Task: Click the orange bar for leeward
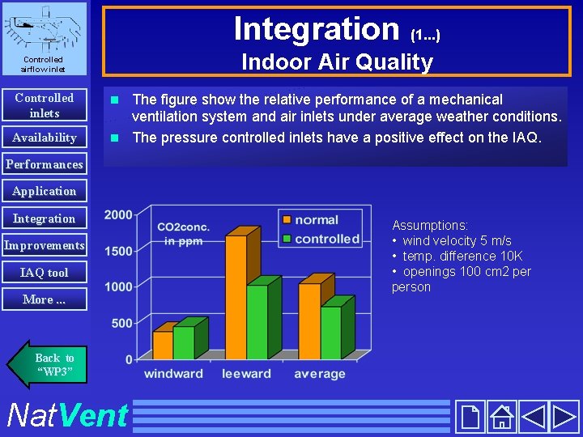pos(236,296)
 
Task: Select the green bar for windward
pos(184,342)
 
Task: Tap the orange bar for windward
pos(163,344)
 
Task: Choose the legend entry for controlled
pos(319,239)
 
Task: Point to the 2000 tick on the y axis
pos(118,214)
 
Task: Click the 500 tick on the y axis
pos(121,323)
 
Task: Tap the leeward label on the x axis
pos(246,374)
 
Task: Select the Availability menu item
pos(44,138)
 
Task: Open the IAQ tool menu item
pos(44,273)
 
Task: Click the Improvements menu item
pos(44,245)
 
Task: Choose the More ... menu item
pos(44,299)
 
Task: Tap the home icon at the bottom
pos(501,417)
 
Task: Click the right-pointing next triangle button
pos(564,417)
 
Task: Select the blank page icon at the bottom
pos(470,417)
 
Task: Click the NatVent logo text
pos(66,416)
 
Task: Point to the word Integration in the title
pos(316,29)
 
